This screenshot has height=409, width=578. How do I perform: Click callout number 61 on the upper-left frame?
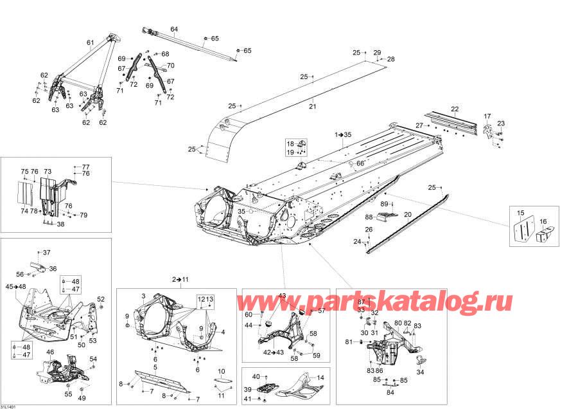[91, 43]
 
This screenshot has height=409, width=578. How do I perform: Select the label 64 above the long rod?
[173, 29]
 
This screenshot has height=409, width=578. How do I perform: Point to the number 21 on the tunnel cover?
[313, 106]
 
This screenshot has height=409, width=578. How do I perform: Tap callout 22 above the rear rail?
[455, 109]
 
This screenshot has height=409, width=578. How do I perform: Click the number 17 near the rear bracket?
[487, 116]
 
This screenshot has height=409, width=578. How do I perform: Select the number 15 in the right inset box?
[521, 213]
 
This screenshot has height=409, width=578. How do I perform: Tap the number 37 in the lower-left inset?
[46, 252]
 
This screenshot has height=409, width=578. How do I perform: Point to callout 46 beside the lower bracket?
[50, 352]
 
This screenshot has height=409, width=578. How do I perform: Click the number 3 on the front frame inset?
[144, 295]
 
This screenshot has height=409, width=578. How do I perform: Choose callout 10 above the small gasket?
[221, 371]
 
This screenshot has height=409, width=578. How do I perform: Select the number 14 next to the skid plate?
[320, 377]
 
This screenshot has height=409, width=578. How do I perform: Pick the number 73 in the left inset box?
[48, 172]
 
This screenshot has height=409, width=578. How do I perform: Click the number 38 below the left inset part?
[60, 224]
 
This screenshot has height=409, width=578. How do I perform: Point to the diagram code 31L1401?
[10, 404]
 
